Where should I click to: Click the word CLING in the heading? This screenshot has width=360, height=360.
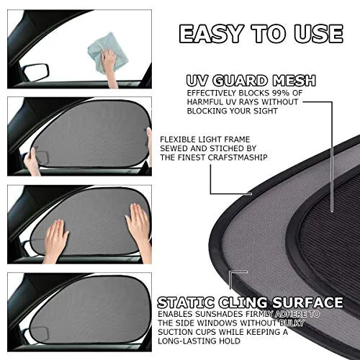coord(243,302)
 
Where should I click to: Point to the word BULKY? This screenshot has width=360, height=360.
coord(305,325)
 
